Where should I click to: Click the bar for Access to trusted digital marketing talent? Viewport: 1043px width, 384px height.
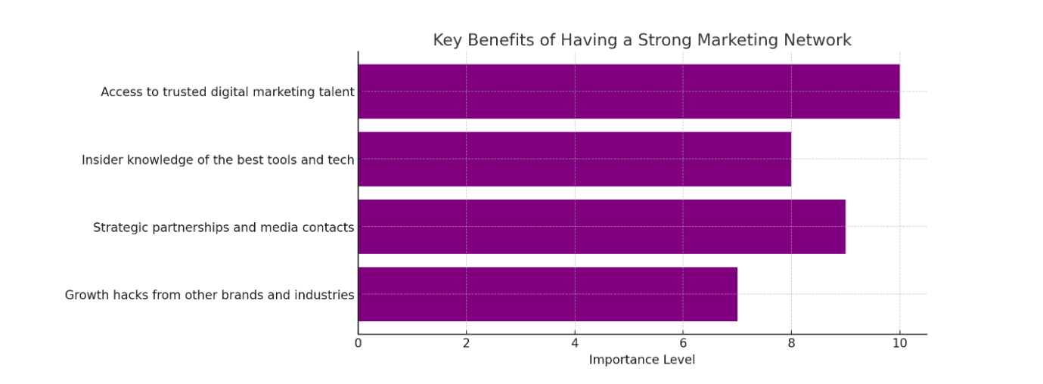pos(629,91)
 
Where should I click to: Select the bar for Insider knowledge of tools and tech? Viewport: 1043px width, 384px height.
pos(574,159)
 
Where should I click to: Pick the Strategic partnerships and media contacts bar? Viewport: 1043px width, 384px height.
pos(601,227)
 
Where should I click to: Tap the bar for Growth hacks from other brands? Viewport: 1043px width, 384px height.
pos(548,294)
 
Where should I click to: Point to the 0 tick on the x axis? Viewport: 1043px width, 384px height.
pos(358,342)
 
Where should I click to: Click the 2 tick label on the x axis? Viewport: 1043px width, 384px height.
pos(466,342)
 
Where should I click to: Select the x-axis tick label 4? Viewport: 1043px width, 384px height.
pos(575,342)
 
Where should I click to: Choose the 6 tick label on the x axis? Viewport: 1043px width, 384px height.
pos(683,342)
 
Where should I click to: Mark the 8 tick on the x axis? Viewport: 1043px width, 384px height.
pos(791,342)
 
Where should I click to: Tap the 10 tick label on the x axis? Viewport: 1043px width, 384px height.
pos(899,342)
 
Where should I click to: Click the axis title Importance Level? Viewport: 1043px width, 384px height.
pos(641,360)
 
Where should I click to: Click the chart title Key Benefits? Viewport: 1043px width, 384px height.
pos(641,40)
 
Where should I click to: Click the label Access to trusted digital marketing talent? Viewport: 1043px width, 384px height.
pos(227,92)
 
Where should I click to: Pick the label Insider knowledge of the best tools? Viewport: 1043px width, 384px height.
pos(218,159)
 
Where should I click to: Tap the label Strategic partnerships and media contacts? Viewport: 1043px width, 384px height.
pos(223,227)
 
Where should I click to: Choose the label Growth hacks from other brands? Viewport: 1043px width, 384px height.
pos(210,295)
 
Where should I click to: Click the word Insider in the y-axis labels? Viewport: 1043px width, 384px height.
pos(100,159)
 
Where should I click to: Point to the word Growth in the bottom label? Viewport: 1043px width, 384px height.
pos(85,295)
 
